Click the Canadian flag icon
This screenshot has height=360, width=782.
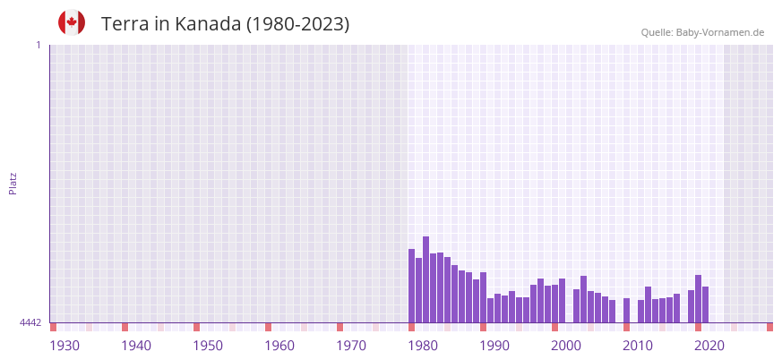pyautogui.click(x=72, y=22)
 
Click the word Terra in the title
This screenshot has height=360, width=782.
pyautogui.click(x=125, y=24)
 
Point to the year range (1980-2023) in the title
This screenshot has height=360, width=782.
pyautogui.click(x=297, y=24)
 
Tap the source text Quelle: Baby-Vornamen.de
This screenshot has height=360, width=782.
pyautogui.click(x=702, y=32)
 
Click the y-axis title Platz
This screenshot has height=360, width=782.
pyautogui.click(x=13, y=183)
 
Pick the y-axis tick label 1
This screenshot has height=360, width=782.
pyautogui.click(x=38, y=45)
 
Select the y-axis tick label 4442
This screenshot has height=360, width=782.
pyautogui.click(x=30, y=322)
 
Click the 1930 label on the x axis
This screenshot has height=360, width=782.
pyautogui.click(x=64, y=346)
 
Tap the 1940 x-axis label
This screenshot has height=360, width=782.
pyautogui.click(x=136, y=346)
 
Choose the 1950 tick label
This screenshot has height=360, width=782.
pyautogui.click(x=208, y=346)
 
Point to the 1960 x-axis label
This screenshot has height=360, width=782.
pyautogui.click(x=279, y=346)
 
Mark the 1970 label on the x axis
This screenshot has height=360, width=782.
pyautogui.click(x=351, y=346)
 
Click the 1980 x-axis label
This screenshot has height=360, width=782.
pyautogui.click(x=423, y=346)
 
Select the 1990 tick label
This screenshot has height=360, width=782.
pyautogui.click(x=494, y=346)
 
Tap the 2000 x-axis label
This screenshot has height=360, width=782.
pyautogui.click(x=566, y=346)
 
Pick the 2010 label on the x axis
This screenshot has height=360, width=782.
pyautogui.click(x=638, y=346)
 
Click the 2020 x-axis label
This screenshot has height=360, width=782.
pyautogui.click(x=709, y=346)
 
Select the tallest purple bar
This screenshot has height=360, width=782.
pyautogui.click(x=426, y=279)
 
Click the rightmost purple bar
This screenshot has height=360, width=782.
pyautogui.click(x=706, y=304)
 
